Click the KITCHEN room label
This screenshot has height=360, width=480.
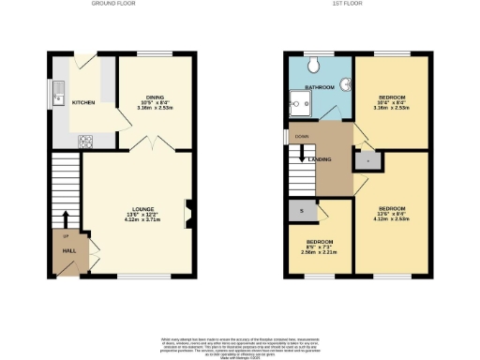pyautogui.click(x=83, y=102)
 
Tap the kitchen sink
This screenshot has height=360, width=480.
pyautogui.click(x=58, y=92)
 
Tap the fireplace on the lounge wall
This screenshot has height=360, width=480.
pyautogui.click(x=190, y=214)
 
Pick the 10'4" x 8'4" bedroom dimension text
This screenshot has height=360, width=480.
pyautogui.click(x=391, y=106)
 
